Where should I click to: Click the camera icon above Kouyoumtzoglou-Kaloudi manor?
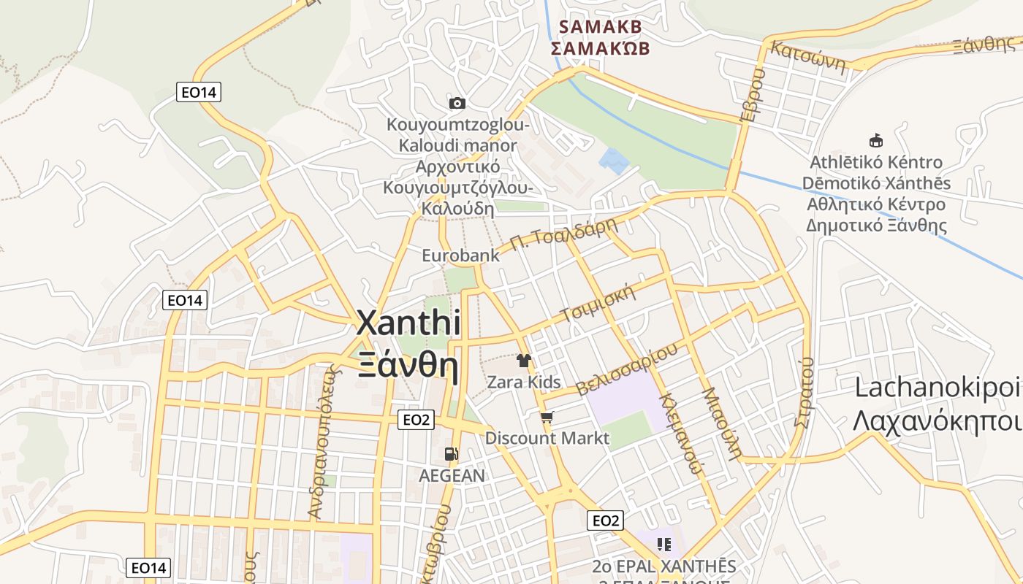click(x=457, y=103)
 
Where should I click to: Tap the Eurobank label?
click(x=460, y=255)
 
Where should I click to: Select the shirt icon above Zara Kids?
click(x=524, y=360)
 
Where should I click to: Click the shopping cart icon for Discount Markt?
click(x=547, y=418)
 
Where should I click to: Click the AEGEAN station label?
click(x=452, y=476)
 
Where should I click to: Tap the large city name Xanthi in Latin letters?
click(x=408, y=323)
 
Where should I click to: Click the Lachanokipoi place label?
click(x=938, y=388)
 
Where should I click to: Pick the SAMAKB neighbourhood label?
click(x=600, y=27)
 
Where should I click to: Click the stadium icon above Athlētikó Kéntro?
click(x=875, y=140)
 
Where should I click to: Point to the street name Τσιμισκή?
click(x=597, y=304)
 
